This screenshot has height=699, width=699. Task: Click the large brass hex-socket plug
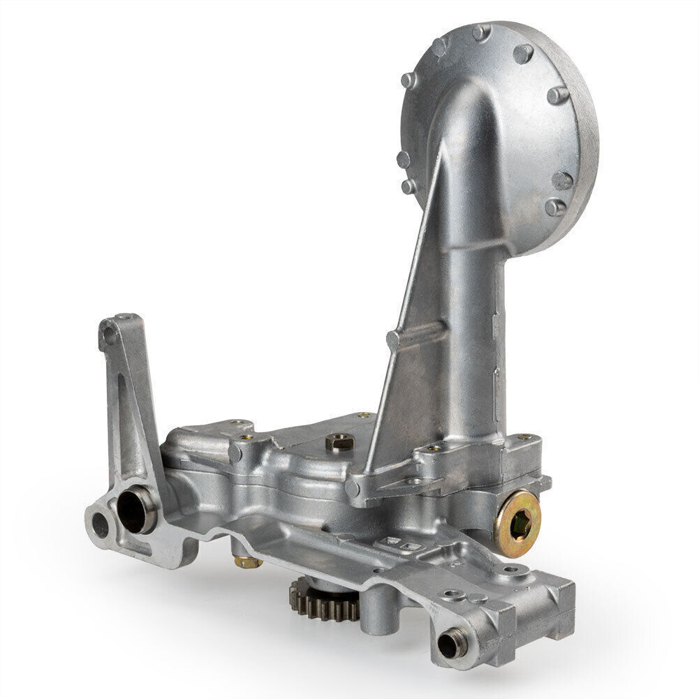click(x=517, y=523)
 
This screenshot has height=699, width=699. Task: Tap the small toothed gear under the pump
click(x=325, y=600)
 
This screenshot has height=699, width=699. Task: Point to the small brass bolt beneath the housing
click(x=247, y=561)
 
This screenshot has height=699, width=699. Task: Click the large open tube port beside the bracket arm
click(x=136, y=511)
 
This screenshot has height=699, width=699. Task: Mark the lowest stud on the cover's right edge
click(x=555, y=207)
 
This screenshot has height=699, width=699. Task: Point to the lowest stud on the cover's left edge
click(x=408, y=186)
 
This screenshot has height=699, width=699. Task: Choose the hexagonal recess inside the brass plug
click(x=518, y=524)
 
